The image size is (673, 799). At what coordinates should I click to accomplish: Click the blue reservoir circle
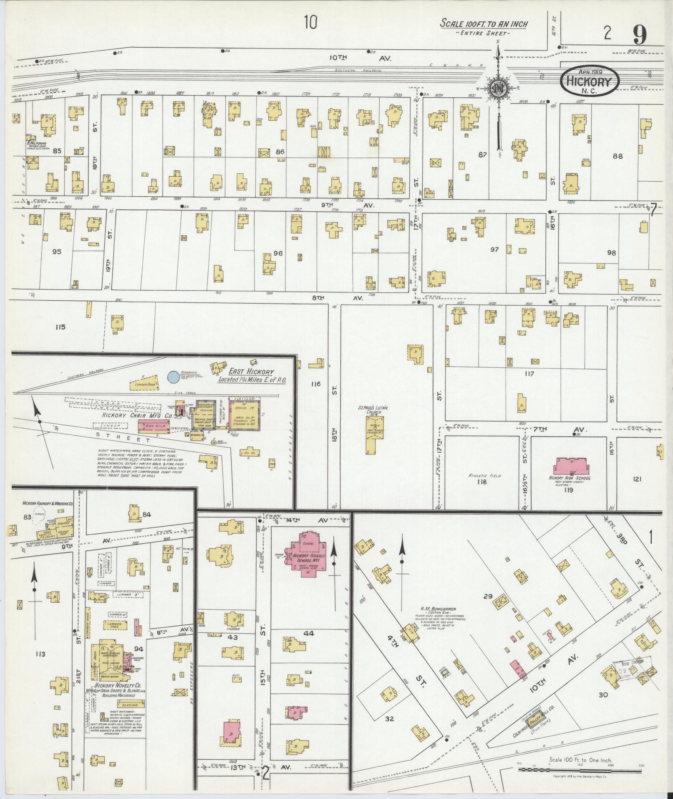[172, 377]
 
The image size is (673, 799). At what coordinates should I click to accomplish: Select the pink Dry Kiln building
[154, 426]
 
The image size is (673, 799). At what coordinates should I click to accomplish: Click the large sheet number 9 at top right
[639, 35]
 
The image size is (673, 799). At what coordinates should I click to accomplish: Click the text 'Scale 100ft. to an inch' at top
[484, 24]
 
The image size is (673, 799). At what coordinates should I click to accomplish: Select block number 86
[280, 152]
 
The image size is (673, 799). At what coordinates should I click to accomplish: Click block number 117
[529, 374]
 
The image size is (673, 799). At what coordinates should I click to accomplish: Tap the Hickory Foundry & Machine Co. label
[48, 505]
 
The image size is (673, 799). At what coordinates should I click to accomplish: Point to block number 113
[40, 654]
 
